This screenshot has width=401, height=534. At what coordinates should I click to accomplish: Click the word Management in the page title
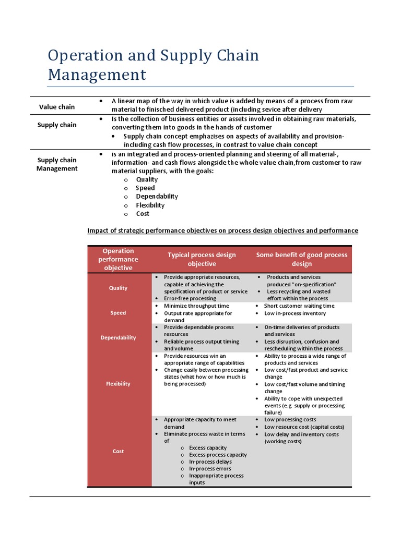(x=97, y=75)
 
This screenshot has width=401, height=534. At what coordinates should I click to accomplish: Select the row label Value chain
(x=57, y=107)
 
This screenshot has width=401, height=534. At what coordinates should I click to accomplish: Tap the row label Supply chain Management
(x=57, y=164)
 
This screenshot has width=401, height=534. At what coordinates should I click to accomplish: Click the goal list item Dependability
(x=157, y=197)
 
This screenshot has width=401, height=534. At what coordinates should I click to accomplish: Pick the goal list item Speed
(x=145, y=188)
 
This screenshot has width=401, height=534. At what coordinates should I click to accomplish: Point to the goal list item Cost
(x=143, y=214)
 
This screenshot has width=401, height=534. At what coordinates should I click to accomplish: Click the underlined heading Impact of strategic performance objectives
(x=222, y=230)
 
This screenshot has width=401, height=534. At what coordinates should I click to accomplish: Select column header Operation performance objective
(x=119, y=259)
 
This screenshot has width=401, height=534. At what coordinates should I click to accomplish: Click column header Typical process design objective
(x=202, y=259)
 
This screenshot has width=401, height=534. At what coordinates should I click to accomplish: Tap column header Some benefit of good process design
(x=301, y=259)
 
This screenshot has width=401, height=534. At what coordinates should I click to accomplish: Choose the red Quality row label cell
(x=119, y=288)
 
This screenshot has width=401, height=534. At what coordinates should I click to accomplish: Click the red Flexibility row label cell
(x=119, y=384)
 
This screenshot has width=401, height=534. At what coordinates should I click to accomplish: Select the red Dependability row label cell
(x=119, y=338)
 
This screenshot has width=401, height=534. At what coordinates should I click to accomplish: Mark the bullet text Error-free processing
(x=190, y=299)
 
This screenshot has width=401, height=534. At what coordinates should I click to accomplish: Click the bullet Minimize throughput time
(x=196, y=306)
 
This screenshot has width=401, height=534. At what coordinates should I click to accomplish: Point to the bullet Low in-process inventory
(x=295, y=313)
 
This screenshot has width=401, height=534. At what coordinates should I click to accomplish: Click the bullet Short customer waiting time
(x=299, y=306)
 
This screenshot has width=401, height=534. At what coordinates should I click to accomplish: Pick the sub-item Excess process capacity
(x=218, y=455)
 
